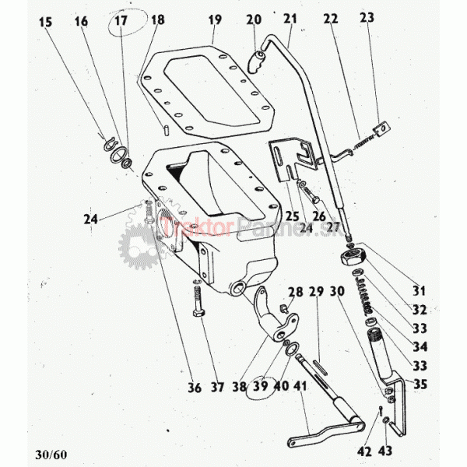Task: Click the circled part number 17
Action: point(121,21)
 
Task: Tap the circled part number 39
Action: point(261,386)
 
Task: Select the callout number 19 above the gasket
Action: point(215,20)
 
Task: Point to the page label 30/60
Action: point(51,455)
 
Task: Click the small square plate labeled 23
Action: point(381,128)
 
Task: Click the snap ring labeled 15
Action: point(110,143)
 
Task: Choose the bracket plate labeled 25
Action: point(293,159)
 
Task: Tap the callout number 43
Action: point(385,451)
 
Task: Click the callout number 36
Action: point(195,388)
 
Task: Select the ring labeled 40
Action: point(293,349)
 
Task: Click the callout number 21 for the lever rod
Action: point(290,19)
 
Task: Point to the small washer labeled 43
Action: point(385,420)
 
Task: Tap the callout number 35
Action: point(420,384)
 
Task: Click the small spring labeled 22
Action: point(363,141)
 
